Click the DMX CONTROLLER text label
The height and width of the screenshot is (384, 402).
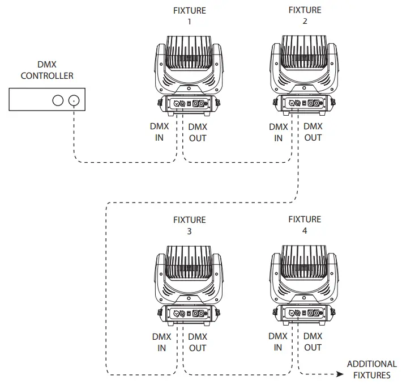47,70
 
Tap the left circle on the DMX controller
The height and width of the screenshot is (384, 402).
57,100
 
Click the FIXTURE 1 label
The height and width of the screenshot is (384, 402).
189,16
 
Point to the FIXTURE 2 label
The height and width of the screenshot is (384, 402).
305,16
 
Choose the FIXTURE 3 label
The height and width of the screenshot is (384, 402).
189,226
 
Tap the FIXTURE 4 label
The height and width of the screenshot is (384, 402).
305,225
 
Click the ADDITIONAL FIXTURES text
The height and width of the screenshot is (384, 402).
371,369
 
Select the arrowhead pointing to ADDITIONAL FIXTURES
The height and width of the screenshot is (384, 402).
339,374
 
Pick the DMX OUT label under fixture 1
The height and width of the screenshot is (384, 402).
198,133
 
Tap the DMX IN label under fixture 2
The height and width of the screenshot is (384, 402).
278,132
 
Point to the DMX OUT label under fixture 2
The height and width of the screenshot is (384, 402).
313,132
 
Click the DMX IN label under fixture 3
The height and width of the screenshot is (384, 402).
162,342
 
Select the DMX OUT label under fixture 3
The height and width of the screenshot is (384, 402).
198,342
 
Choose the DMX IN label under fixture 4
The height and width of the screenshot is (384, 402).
277,341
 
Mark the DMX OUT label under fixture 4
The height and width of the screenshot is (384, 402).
313,341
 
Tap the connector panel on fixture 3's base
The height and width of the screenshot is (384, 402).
189,313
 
